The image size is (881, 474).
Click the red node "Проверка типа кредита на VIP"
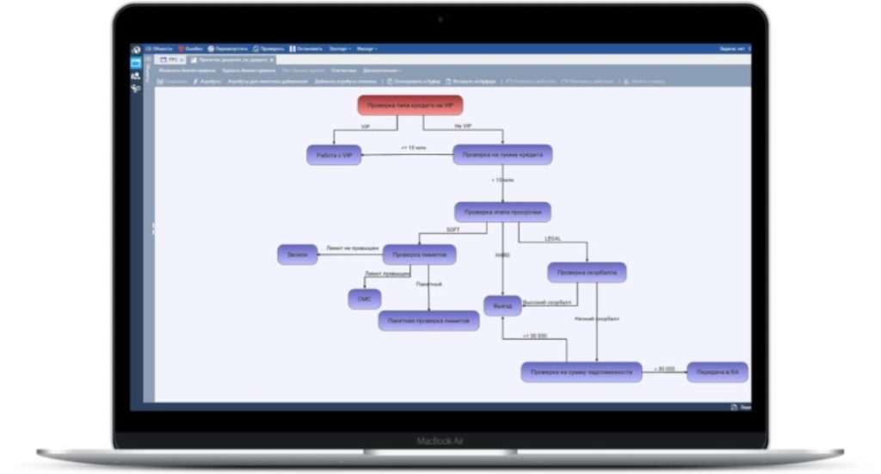[x=410, y=105]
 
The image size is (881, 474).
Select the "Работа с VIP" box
[x=333, y=155]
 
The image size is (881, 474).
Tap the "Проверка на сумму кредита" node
[x=502, y=155]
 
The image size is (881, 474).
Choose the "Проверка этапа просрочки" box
[x=502, y=212]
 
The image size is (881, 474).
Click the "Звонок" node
[x=297, y=255]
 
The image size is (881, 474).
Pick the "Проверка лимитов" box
[x=419, y=255]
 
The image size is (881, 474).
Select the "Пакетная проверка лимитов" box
[x=428, y=321]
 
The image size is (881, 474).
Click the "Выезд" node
[x=502, y=305]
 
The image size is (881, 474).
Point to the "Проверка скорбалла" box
[x=587, y=273]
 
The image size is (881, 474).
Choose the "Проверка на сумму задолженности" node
[x=582, y=372]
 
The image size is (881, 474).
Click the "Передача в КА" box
[x=717, y=372]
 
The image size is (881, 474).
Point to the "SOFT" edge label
[x=453, y=231]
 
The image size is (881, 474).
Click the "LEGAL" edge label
[x=552, y=238]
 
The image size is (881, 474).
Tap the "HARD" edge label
[x=502, y=255]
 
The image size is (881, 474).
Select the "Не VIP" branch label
[x=463, y=126]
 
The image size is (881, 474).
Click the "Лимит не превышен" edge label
[x=352, y=249]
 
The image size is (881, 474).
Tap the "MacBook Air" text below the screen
[x=440, y=441]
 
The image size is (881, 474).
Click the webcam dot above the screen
[x=440, y=19]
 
